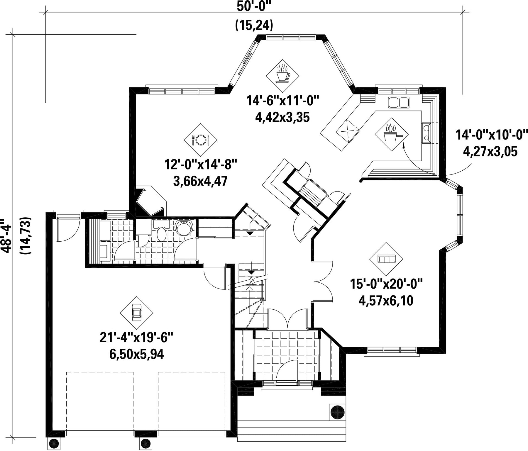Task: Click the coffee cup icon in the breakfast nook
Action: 283,74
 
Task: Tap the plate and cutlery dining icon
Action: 200,140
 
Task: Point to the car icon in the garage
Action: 137,313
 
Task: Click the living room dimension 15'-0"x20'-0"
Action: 386,284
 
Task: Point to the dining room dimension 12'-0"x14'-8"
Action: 200,165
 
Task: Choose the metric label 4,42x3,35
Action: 282,118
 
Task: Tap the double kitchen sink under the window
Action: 399,102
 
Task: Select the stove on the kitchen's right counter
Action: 426,133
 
